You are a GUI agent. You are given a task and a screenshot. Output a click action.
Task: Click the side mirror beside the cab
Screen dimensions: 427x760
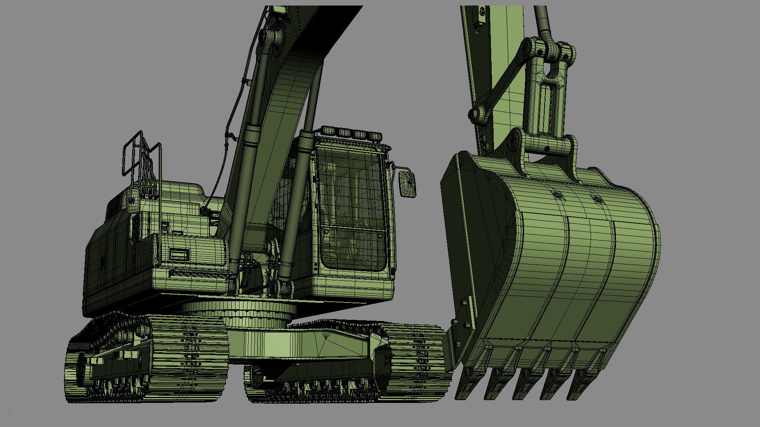[x=407, y=184]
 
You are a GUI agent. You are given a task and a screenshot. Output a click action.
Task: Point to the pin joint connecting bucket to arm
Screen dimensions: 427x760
[x=515, y=141]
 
